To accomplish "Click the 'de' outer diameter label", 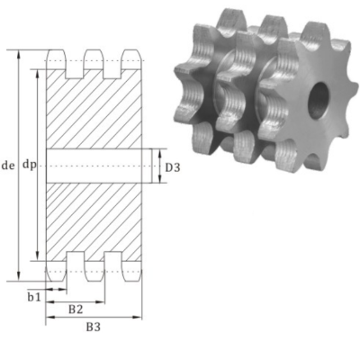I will coord(9,166).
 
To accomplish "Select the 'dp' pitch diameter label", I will coord(29,166).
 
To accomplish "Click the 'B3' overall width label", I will coord(93,327).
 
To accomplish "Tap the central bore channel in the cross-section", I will coord(94,166).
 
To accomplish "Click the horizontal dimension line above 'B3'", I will coord(94,317).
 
